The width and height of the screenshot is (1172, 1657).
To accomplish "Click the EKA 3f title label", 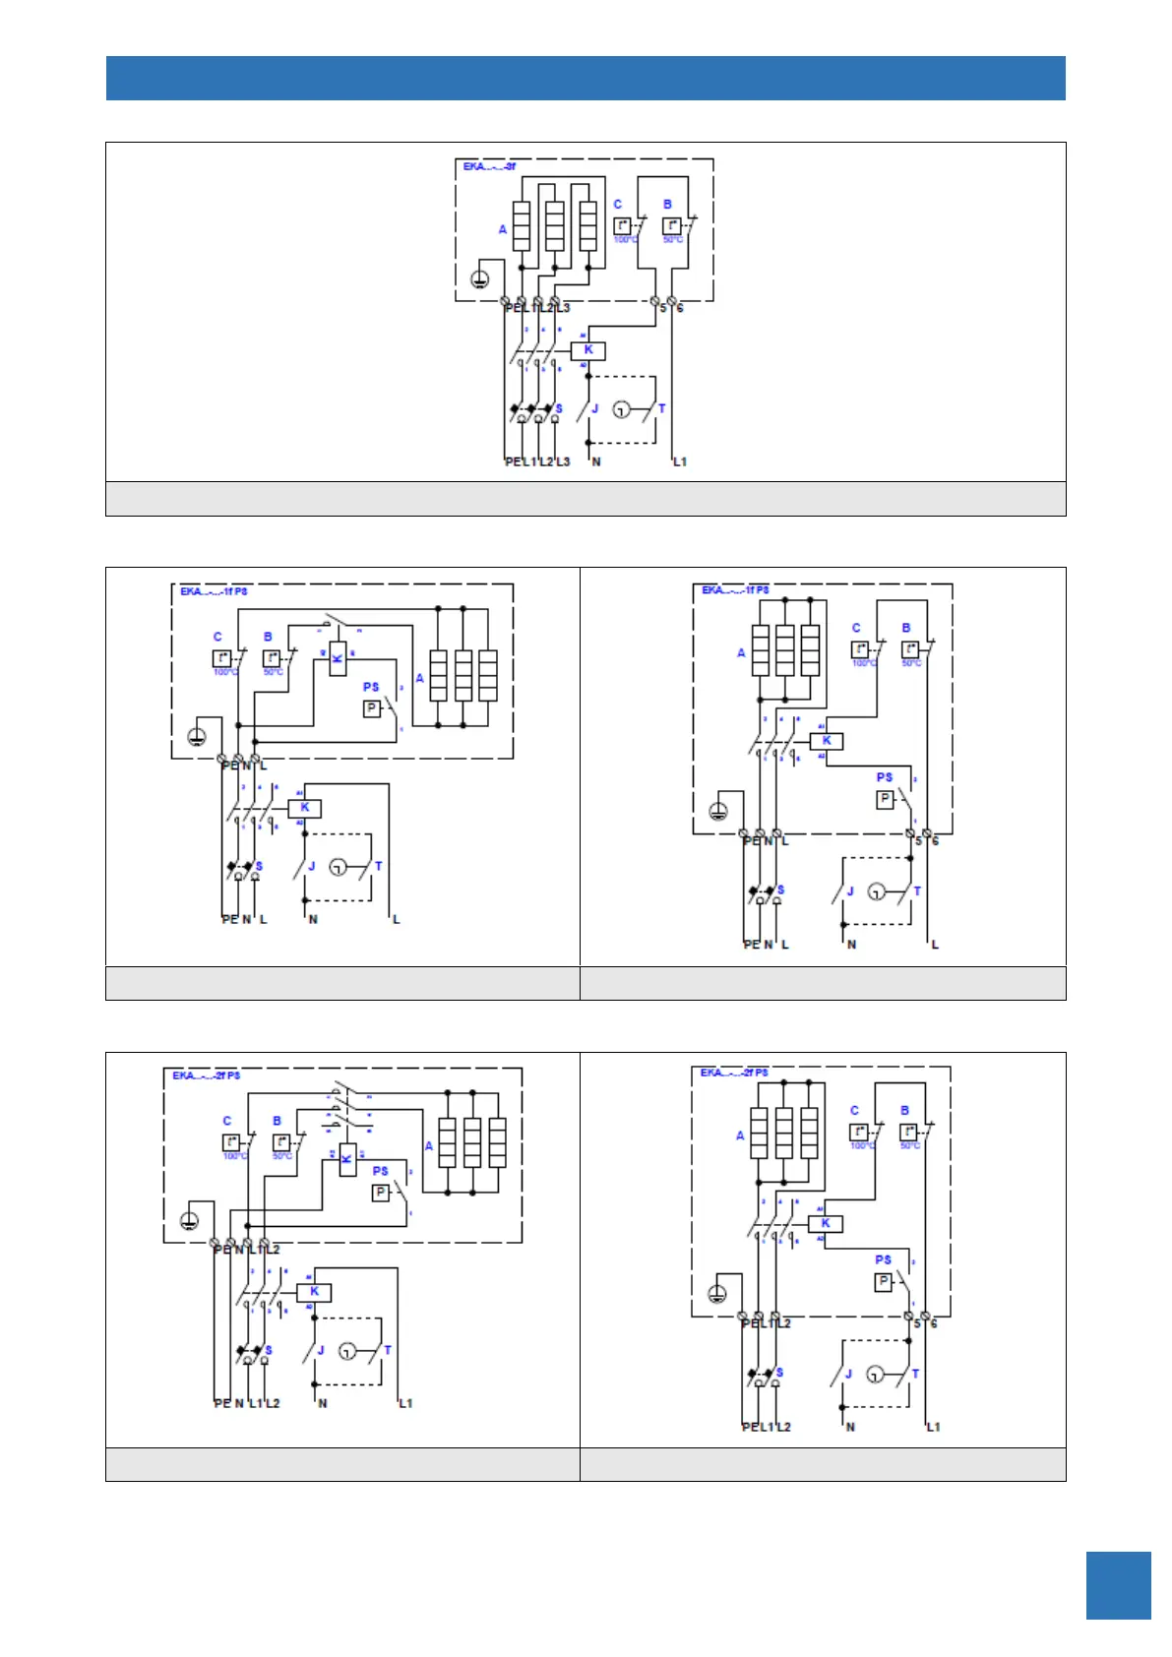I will click(489, 167).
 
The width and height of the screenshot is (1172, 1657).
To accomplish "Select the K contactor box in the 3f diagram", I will click(588, 350).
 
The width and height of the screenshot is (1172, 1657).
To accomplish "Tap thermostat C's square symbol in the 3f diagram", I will click(622, 226).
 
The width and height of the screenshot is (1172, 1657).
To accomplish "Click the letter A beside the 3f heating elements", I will click(503, 229).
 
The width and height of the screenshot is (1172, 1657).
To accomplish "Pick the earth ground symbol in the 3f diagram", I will click(479, 279).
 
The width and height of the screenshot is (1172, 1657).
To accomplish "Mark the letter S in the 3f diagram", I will click(559, 409).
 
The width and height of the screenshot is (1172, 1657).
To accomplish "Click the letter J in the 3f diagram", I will click(595, 409).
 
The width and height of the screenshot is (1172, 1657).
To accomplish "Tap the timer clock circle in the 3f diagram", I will click(621, 409).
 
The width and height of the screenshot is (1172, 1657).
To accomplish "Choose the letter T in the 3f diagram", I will click(661, 409).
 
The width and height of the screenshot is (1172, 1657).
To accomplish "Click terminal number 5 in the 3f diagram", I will click(663, 308).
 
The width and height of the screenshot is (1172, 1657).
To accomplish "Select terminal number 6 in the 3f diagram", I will click(680, 308).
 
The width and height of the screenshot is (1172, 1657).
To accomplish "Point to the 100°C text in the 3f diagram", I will click(625, 240).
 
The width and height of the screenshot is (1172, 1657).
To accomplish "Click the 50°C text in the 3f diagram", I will click(673, 240).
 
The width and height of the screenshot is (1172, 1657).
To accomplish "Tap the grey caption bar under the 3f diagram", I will click(586, 499).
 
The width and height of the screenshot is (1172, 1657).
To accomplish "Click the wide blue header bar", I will click(586, 78).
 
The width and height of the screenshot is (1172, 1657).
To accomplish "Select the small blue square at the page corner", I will click(1118, 1585).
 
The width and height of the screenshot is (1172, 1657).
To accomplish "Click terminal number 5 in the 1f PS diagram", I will click(919, 841).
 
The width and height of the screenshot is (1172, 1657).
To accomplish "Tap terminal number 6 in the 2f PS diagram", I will click(934, 1324).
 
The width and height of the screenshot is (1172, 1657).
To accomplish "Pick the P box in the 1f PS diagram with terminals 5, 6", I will click(885, 799).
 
